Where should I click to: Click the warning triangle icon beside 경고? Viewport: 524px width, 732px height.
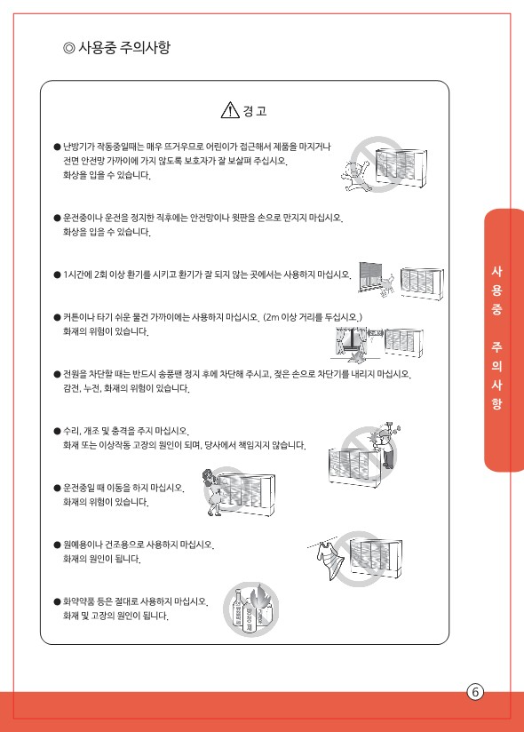coord(230,110)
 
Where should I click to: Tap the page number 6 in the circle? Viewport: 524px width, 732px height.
coord(475,691)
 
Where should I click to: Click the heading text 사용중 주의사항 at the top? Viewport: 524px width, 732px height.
coord(124,47)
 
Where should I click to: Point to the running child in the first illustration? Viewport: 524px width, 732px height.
coord(354,176)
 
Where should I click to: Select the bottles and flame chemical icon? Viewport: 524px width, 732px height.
coord(251,609)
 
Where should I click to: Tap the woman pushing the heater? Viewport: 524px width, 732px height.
coord(212,492)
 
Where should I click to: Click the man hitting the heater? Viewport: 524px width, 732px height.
coord(385,445)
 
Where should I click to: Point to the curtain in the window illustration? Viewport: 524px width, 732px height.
coord(345,342)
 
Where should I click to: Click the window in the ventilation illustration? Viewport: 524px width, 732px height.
coord(370,276)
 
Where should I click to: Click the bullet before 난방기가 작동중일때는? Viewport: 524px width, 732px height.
coord(57,147)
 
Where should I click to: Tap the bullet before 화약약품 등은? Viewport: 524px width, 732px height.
coord(57,601)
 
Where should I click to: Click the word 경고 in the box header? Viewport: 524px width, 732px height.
coord(254,111)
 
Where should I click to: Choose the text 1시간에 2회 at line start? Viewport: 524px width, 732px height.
coord(85,274)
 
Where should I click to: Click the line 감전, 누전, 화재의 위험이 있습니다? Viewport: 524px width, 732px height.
coord(126,388)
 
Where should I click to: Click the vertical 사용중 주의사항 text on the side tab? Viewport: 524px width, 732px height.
coord(496,338)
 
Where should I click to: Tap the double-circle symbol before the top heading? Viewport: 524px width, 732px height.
coord(68,48)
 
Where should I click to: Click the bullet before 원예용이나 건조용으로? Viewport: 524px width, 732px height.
coord(57,545)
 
